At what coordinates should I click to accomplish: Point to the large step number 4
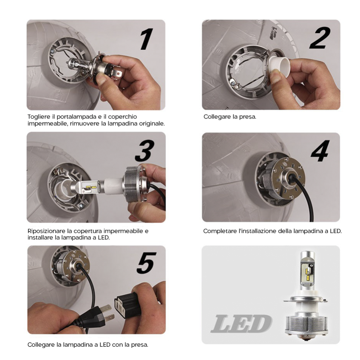[x=320, y=151]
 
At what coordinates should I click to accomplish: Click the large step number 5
[x=147, y=263]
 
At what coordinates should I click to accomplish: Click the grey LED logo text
[x=241, y=323]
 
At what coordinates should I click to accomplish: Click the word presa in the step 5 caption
[x=139, y=345]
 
